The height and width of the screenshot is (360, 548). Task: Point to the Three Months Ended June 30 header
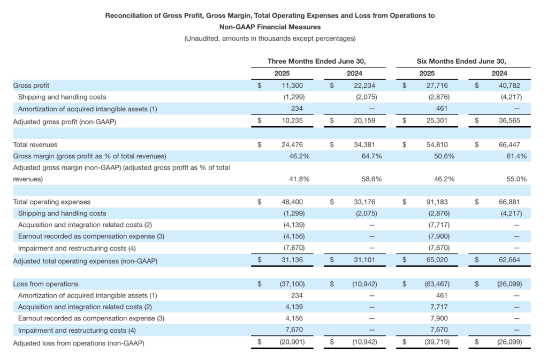click(x=317, y=62)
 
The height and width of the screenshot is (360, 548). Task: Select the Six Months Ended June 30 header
click(x=461, y=62)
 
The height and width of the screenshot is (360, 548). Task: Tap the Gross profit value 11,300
click(x=293, y=86)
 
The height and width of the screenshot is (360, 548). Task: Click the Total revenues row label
click(x=35, y=144)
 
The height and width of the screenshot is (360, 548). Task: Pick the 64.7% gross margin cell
click(x=371, y=156)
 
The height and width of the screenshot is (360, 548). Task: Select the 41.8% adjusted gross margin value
click(x=299, y=179)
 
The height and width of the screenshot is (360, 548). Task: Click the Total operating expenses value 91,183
click(x=437, y=202)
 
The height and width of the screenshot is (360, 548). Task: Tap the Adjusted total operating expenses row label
click(x=85, y=261)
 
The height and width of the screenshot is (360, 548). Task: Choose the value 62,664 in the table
click(x=509, y=260)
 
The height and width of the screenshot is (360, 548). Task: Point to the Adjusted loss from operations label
click(x=79, y=343)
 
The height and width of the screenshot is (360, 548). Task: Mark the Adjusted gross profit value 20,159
click(x=364, y=120)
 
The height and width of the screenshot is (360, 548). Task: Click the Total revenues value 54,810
click(x=437, y=144)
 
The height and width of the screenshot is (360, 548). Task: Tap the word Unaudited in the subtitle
click(x=202, y=39)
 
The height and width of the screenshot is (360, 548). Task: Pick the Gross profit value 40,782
click(x=509, y=86)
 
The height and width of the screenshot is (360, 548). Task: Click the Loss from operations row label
click(x=46, y=284)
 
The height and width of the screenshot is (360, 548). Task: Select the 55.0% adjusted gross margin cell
click(x=516, y=179)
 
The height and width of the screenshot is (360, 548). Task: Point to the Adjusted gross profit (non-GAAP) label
click(x=65, y=122)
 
